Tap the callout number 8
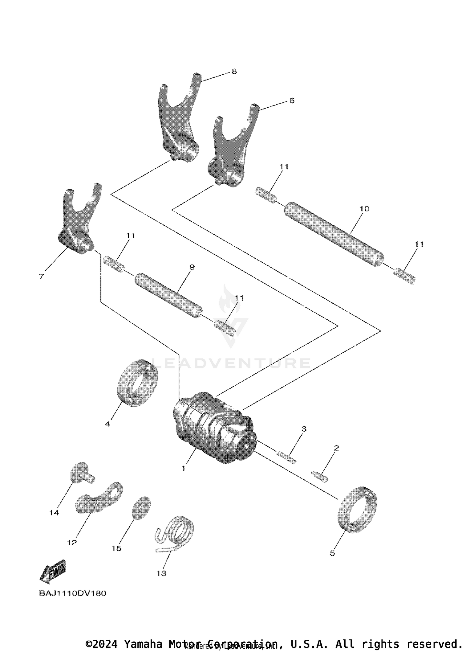pyautogui.click(x=234, y=72)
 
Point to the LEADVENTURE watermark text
pyautogui.click(x=231, y=363)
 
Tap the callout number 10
pyautogui.click(x=364, y=209)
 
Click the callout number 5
pyautogui.click(x=332, y=553)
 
